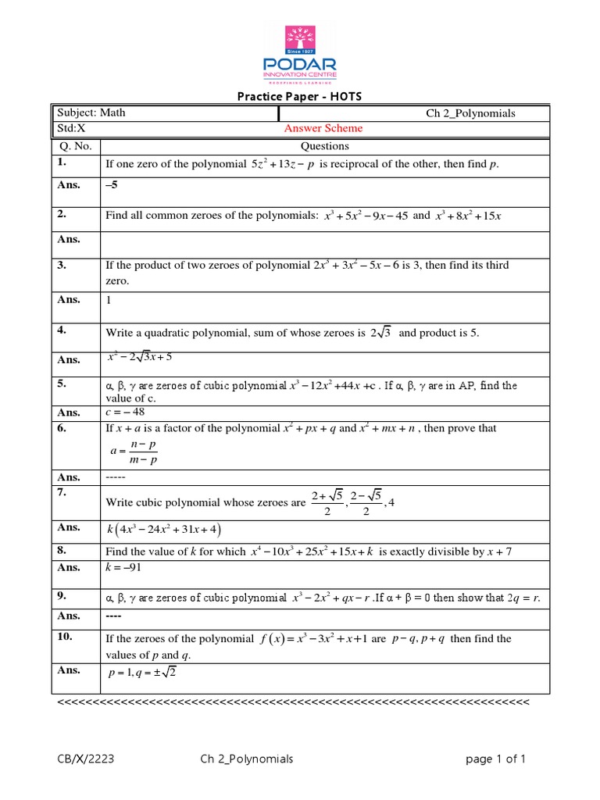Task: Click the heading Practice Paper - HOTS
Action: tap(300, 97)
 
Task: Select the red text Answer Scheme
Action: tap(323, 129)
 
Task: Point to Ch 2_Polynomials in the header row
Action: tap(470, 113)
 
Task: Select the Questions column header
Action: tap(324, 146)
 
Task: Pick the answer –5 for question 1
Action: tap(113, 185)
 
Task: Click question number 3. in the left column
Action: tap(63, 266)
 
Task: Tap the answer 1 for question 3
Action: tap(109, 299)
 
